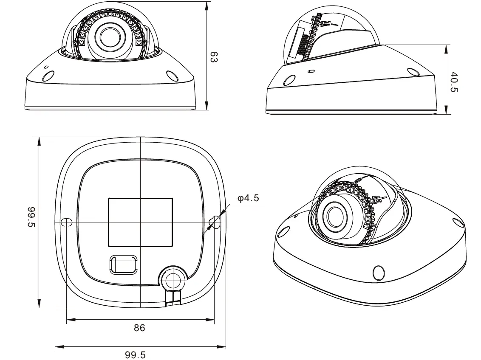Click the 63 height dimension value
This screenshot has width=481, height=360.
click(x=214, y=57)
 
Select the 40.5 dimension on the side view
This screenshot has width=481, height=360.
click(x=454, y=82)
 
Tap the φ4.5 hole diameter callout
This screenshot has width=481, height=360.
click(x=248, y=198)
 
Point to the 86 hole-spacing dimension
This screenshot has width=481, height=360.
click(x=139, y=328)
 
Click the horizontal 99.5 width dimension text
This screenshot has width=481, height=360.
click(x=135, y=354)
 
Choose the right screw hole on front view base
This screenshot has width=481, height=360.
click(x=172, y=76)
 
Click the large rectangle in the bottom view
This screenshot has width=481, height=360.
click(x=140, y=222)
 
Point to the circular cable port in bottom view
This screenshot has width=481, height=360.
click(x=173, y=279)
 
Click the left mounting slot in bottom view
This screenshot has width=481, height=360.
click(x=66, y=222)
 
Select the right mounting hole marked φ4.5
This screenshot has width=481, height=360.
click(x=215, y=222)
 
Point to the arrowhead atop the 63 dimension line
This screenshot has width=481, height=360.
click(x=207, y=5)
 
